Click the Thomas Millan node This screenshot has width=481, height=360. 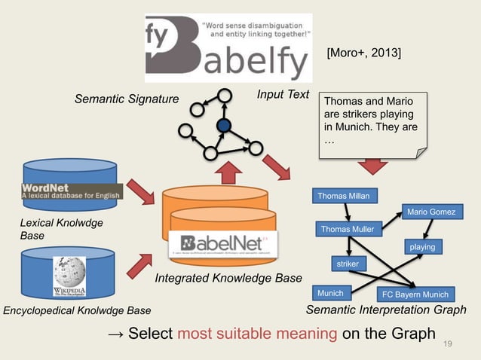(x=344, y=197)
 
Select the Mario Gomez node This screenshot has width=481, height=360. (x=430, y=212)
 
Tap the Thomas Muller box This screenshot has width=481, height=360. (x=347, y=229)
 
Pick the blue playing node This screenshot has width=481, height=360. (x=422, y=246)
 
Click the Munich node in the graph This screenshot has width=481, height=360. (x=330, y=292)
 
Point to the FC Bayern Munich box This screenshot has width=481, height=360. (x=414, y=294)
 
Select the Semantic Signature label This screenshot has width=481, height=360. (x=126, y=99)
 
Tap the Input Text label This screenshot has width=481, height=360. (x=283, y=94)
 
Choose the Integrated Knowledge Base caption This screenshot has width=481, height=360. (x=228, y=279)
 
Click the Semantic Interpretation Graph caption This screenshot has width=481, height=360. (x=386, y=310)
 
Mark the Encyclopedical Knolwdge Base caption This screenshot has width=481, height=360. (x=77, y=310)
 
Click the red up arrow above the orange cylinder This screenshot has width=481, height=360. (x=228, y=174)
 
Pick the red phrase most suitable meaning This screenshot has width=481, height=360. (x=258, y=333)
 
